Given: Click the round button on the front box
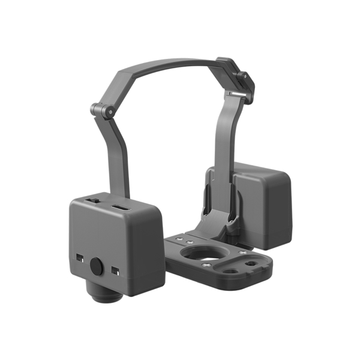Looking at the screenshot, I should tap(97, 266).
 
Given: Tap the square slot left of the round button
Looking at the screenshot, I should tap(79, 258).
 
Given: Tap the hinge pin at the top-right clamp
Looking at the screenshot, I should tap(243, 78).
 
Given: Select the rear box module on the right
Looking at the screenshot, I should tap(264, 204).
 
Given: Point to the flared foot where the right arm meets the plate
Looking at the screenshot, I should tap(222, 222).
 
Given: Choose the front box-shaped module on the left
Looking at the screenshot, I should tap(114, 243).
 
